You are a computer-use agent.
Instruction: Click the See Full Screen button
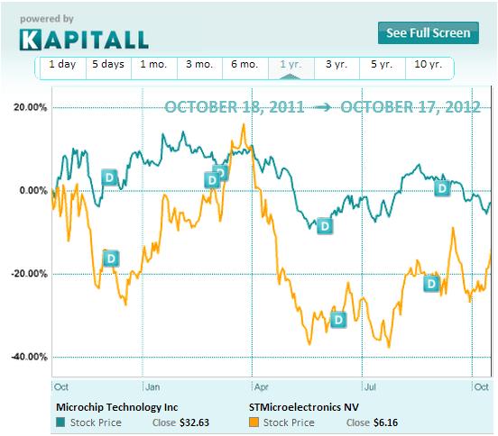click(429, 33)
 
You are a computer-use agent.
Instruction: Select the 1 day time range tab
click(62, 65)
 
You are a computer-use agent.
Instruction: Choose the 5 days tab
click(107, 65)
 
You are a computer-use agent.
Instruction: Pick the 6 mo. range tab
click(245, 65)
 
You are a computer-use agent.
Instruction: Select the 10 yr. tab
click(428, 65)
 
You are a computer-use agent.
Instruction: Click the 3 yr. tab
click(336, 65)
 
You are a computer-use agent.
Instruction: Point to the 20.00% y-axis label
click(29, 107)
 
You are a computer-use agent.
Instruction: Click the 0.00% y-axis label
click(32, 190)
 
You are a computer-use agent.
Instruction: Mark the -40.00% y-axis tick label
click(28, 357)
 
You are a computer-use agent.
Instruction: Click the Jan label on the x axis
click(153, 386)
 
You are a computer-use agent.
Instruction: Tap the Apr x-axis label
click(263, 386)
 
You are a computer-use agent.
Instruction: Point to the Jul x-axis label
click(370, 386)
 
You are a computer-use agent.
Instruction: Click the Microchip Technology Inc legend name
click(116, 405)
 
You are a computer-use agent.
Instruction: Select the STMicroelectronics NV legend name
click(303, 405)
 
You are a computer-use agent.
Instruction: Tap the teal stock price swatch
click(60, 421)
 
